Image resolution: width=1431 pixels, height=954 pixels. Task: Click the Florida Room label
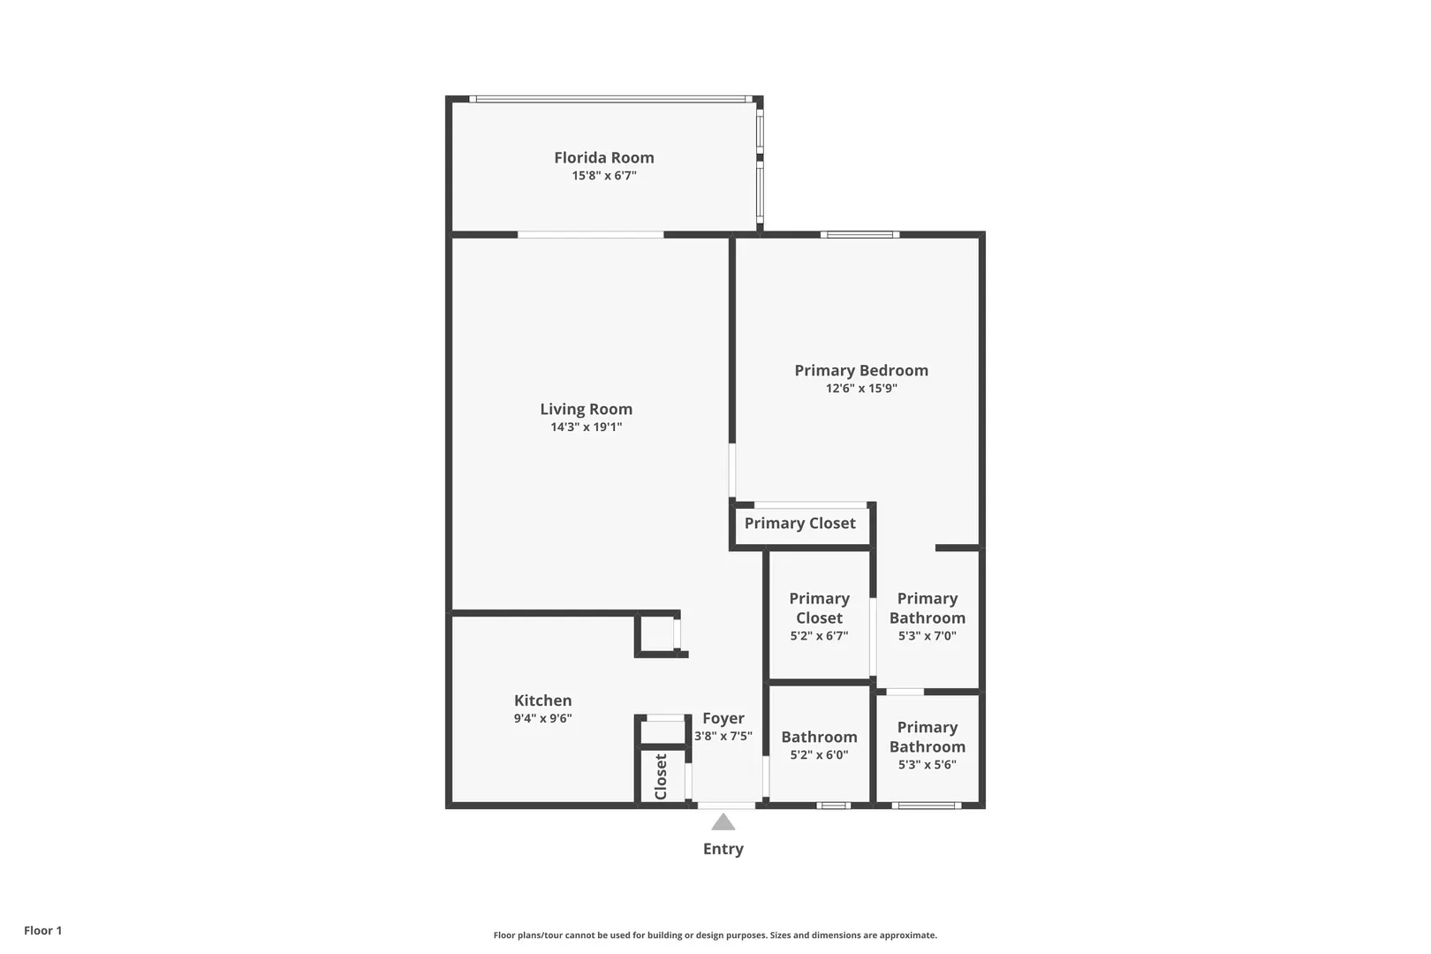[x=603, y=157]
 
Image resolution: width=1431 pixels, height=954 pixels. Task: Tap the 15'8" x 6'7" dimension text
[x=603, y=175]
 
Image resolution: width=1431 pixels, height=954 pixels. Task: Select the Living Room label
[x=586, y=409]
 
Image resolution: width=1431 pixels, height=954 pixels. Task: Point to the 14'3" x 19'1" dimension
[x=586, y=427]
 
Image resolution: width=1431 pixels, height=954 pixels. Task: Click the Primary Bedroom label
[x=861, y=371]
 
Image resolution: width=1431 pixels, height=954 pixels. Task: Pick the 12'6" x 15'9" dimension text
[x=861, y=388]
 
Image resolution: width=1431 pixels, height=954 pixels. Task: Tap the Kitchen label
[x=542, y=700]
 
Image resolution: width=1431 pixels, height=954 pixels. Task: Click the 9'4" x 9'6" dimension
[x=542, y=718]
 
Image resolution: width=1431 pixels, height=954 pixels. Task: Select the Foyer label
[x=723, y=719]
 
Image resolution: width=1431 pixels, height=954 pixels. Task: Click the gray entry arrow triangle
[x=723, y=822]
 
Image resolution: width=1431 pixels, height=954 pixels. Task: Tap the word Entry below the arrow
[x=723, y=849]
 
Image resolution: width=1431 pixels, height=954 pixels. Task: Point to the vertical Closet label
[x=661, y=776]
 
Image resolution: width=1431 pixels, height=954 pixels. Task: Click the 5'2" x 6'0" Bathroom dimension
[x=819, y=754]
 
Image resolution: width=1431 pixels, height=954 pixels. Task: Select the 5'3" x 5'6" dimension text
[x=927, y=764]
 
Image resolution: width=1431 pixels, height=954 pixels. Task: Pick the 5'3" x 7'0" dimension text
[x=927, y=636]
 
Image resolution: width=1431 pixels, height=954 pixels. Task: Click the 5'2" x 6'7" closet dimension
[x=819, y=636]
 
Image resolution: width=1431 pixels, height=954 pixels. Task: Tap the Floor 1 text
[x=42, y=930]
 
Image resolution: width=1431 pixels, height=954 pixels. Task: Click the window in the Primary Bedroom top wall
[x=859, y=235]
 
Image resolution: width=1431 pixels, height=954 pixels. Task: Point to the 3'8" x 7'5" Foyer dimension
[x=723, y=736]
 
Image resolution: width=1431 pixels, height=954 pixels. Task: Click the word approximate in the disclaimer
[x=908, y=935]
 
